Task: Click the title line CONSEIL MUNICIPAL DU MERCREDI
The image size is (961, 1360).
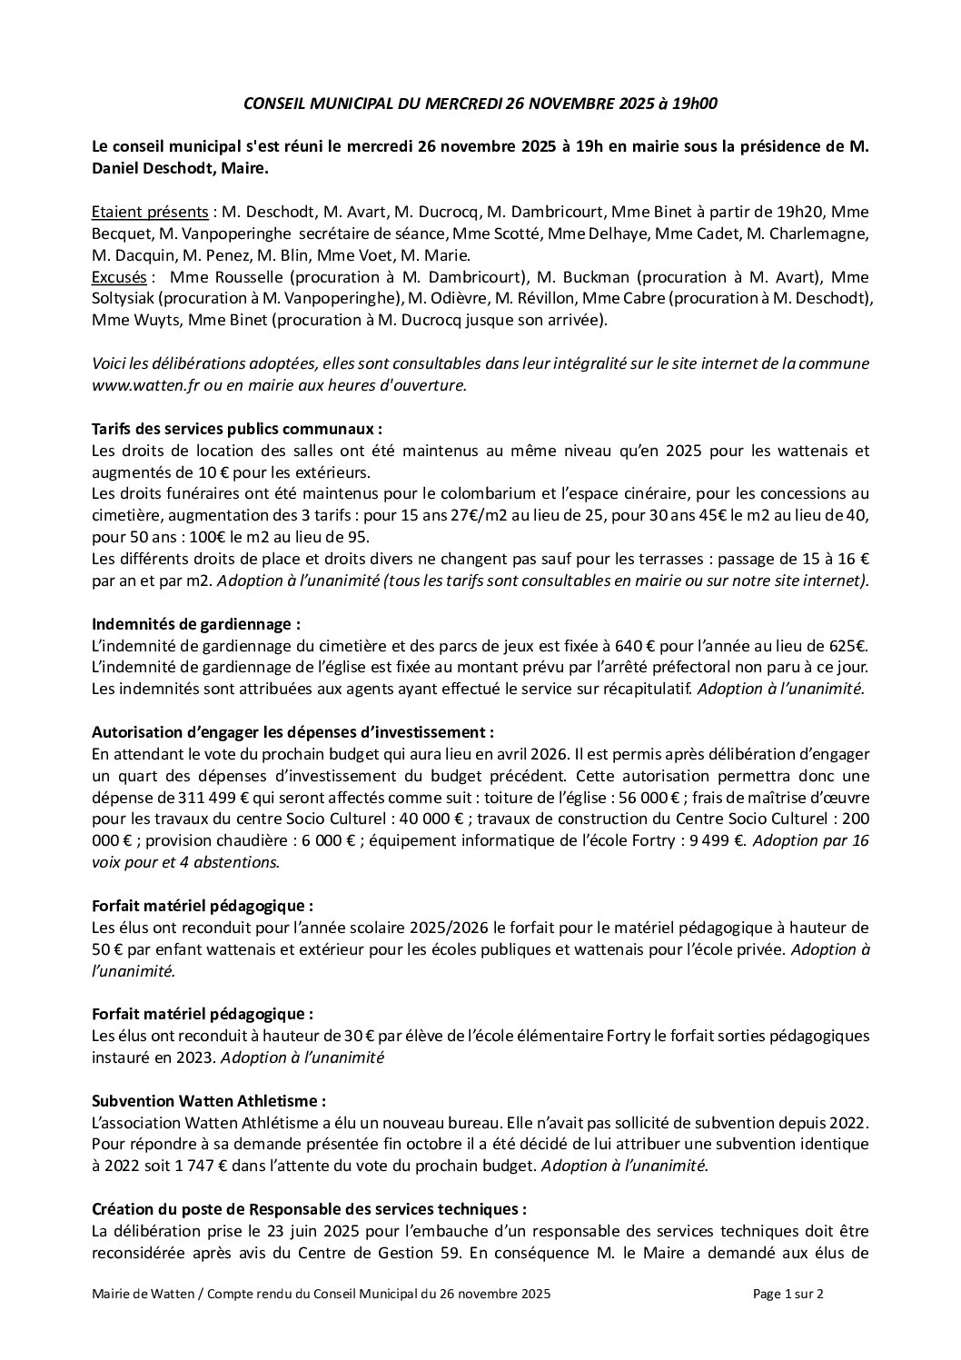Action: point(480,104)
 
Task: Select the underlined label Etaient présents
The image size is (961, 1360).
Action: point(149,212)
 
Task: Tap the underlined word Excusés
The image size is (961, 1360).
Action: point(120,277)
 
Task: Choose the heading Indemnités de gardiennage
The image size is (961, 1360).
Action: point(196,624)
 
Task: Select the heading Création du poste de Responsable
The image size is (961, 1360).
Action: point(309,1209)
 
